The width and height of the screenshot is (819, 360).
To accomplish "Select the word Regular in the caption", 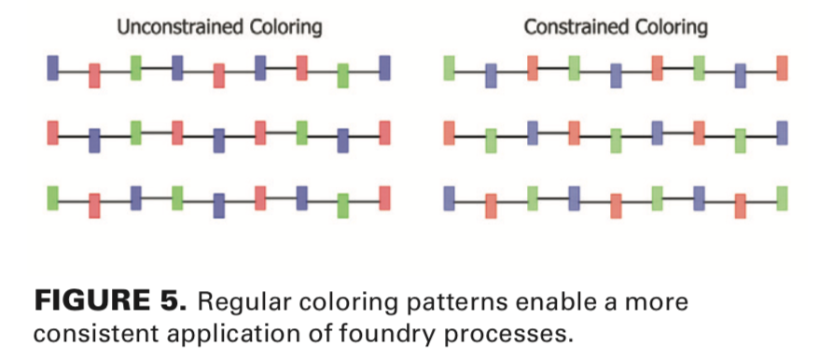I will click(236, 303).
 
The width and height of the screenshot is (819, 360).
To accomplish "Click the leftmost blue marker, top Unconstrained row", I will click(53, 67).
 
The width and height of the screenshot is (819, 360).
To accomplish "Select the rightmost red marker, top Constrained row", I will click(782, 67).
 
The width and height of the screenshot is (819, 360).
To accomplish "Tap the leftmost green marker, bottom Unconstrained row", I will click(53, 198).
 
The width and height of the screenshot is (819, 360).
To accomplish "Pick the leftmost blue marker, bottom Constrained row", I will click(450, 198).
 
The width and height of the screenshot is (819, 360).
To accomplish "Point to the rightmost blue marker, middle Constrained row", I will click(782, 132).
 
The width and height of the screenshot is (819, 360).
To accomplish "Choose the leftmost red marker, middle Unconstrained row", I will click(53, 132).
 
